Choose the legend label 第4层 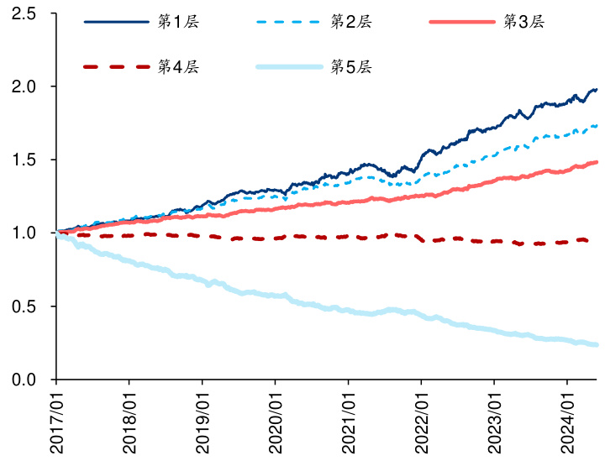(x=180, y=66)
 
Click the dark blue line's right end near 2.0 (x=597, y=89)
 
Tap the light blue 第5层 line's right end (x=597, y=344)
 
